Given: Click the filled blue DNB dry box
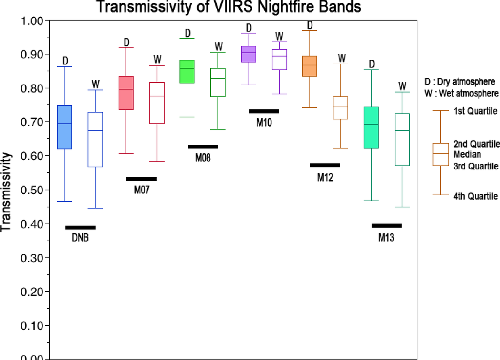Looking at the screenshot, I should pos(65,127).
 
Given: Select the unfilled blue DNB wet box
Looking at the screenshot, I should pos(96,139).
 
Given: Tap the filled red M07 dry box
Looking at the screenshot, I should pos(126,93).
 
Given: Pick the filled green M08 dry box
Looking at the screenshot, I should pos(187,71).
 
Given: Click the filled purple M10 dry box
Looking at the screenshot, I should pos(249,54).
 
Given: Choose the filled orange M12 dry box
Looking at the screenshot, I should pos(310,66).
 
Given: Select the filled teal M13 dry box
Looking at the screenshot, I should pos(372,127).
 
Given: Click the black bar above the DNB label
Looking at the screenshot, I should pos(81,227).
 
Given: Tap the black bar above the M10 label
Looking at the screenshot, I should pos(264,111).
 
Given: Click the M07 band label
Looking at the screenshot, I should pos(142,190).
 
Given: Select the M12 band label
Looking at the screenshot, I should pos(325,177).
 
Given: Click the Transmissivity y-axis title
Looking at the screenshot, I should pos(7,192).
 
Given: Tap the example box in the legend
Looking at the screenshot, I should pos(441,154).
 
